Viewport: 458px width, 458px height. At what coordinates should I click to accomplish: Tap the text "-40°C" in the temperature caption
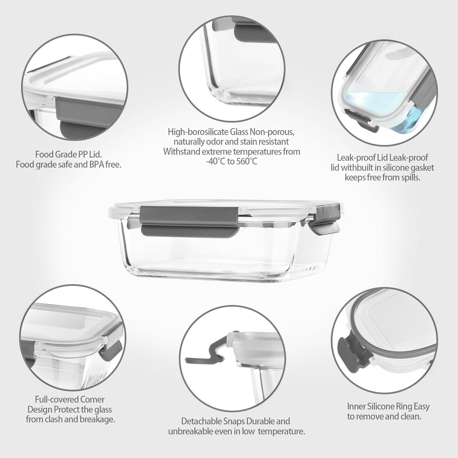tap(216, 162)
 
